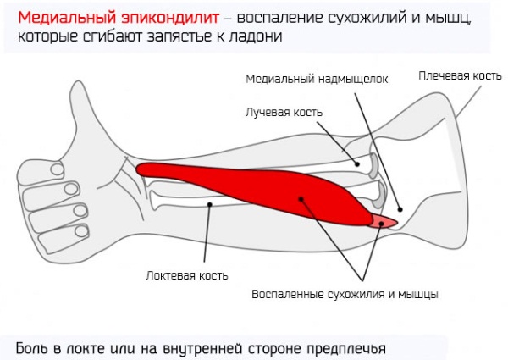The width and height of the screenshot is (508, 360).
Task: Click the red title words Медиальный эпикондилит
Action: point(119,18)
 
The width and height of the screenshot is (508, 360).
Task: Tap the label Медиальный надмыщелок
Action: point(317,79)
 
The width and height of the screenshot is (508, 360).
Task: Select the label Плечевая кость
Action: point(460,75)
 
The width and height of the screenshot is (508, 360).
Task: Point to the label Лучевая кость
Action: point(284,112)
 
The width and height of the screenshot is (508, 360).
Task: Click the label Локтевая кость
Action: point(187,275)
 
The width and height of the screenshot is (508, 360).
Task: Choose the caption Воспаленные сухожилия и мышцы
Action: point(345,294)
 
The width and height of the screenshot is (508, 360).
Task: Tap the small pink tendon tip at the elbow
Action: point(384,222)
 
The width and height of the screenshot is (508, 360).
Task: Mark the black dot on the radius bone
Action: point(357,164)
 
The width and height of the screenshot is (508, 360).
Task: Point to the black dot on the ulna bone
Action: point(210,204)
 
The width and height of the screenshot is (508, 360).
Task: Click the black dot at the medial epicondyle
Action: point(400,210)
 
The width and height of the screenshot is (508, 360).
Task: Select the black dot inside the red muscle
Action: point(301,199)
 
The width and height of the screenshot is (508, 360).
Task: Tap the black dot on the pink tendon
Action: point(382,224)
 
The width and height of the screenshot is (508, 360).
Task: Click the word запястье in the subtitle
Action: point(182,36)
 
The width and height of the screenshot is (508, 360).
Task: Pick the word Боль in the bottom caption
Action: point(32,348)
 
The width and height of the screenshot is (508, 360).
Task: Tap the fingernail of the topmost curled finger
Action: point(57,169)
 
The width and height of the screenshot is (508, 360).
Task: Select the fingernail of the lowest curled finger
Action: point(81,231)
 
